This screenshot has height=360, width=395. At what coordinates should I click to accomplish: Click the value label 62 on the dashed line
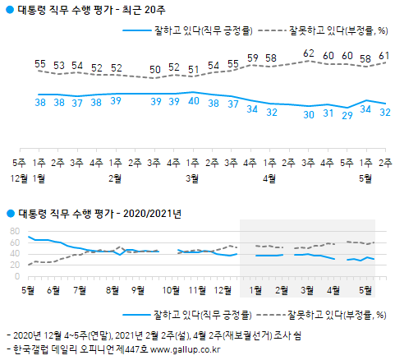tap(308, 53)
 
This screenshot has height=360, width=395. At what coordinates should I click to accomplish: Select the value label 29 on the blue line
tap(347, 116)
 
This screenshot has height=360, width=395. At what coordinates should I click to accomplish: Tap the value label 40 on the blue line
tap(193, 102)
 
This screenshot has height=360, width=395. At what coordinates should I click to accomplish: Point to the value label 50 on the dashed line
tap(155, 69)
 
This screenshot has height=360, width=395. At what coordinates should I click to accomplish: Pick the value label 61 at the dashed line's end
tap(383, 55)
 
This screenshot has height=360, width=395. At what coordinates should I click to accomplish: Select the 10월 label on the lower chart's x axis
tap(172, 289)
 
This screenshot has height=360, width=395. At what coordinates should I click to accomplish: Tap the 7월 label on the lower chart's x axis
tap(80, 289)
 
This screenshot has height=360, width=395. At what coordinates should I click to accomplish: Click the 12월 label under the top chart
tap(19, 177)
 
